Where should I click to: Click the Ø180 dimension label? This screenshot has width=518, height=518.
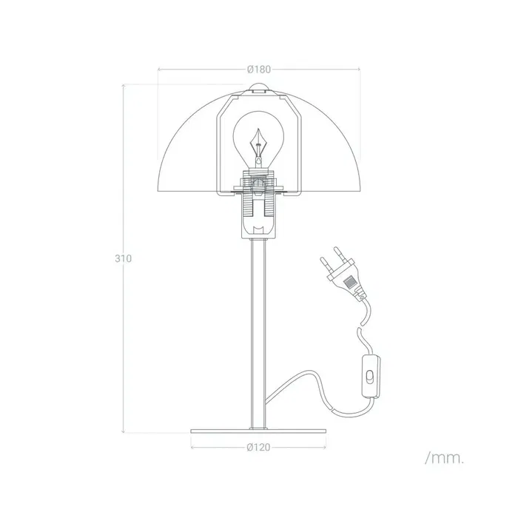click(x=258, y=69)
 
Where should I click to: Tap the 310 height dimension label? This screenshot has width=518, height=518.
click(x=123, y=259)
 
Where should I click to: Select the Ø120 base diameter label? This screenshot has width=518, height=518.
click(x=258, y=447)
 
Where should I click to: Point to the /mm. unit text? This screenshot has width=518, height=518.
click(x=444, y=459)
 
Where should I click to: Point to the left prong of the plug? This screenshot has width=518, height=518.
click(x=323, y=262)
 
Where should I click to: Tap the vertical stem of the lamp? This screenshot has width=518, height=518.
click(x=258, y=333)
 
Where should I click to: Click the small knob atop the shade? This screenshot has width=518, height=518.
click(x=258, y=90)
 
